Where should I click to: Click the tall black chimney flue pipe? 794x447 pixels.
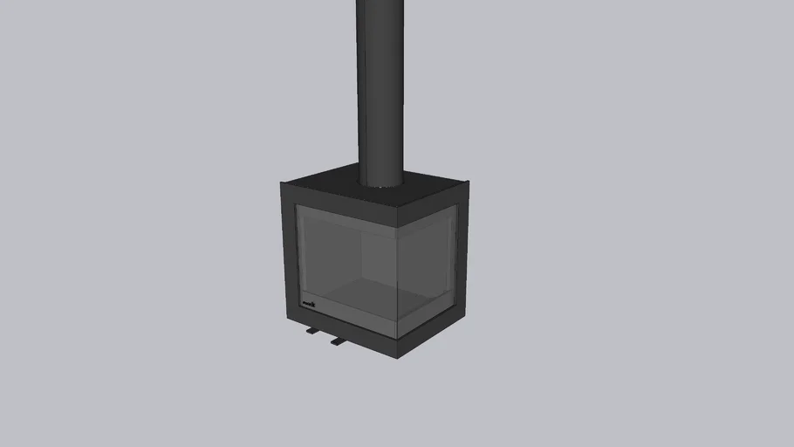coord(380,79)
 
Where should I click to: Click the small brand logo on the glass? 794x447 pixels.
coord(310,305)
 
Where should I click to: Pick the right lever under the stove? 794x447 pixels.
coord(337,340)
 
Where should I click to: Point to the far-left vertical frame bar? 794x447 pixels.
coord(288,253)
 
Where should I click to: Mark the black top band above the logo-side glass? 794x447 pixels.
coord(340,203)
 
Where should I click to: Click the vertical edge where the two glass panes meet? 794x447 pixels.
coord(398,279)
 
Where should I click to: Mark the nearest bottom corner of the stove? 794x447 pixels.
coord(399,357)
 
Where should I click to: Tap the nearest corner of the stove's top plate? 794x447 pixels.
coord(400,207)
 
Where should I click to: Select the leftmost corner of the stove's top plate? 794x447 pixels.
coord(282,182)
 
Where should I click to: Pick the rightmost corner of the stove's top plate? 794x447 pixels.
coord(469,182)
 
